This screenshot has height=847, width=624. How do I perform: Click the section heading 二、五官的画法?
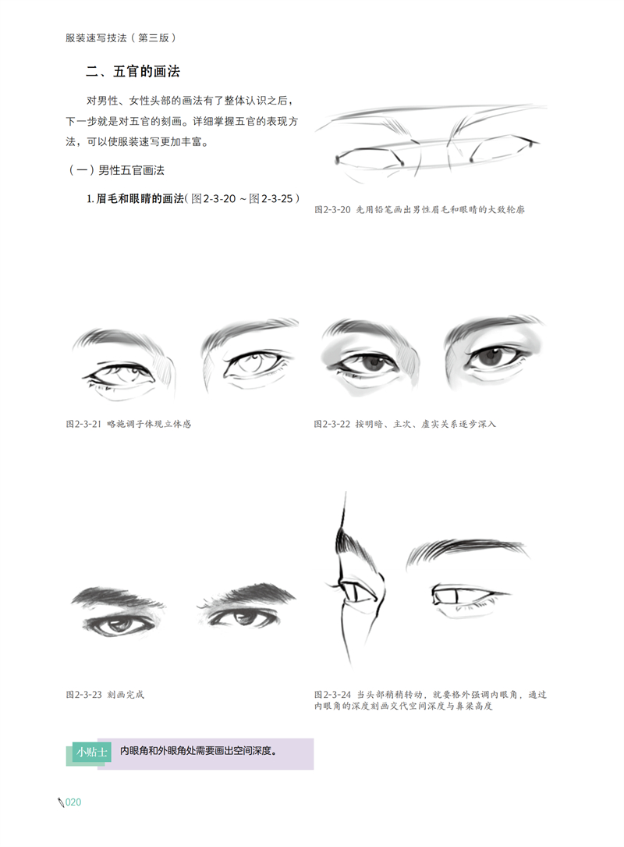133,71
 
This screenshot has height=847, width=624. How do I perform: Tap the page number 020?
73,803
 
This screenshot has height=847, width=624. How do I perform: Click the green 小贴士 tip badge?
92,752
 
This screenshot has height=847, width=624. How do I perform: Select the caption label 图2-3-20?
332,209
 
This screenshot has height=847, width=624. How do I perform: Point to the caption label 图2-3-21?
83,424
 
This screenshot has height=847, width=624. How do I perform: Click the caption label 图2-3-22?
332,424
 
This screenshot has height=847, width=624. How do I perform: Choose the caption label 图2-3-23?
83,695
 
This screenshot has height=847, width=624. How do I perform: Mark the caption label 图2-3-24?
332,695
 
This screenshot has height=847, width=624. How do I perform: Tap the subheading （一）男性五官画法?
115,170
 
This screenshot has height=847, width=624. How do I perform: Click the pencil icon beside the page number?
61,803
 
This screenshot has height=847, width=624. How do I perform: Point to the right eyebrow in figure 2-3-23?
246,596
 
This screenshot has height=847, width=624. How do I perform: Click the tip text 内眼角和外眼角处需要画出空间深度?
198,751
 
